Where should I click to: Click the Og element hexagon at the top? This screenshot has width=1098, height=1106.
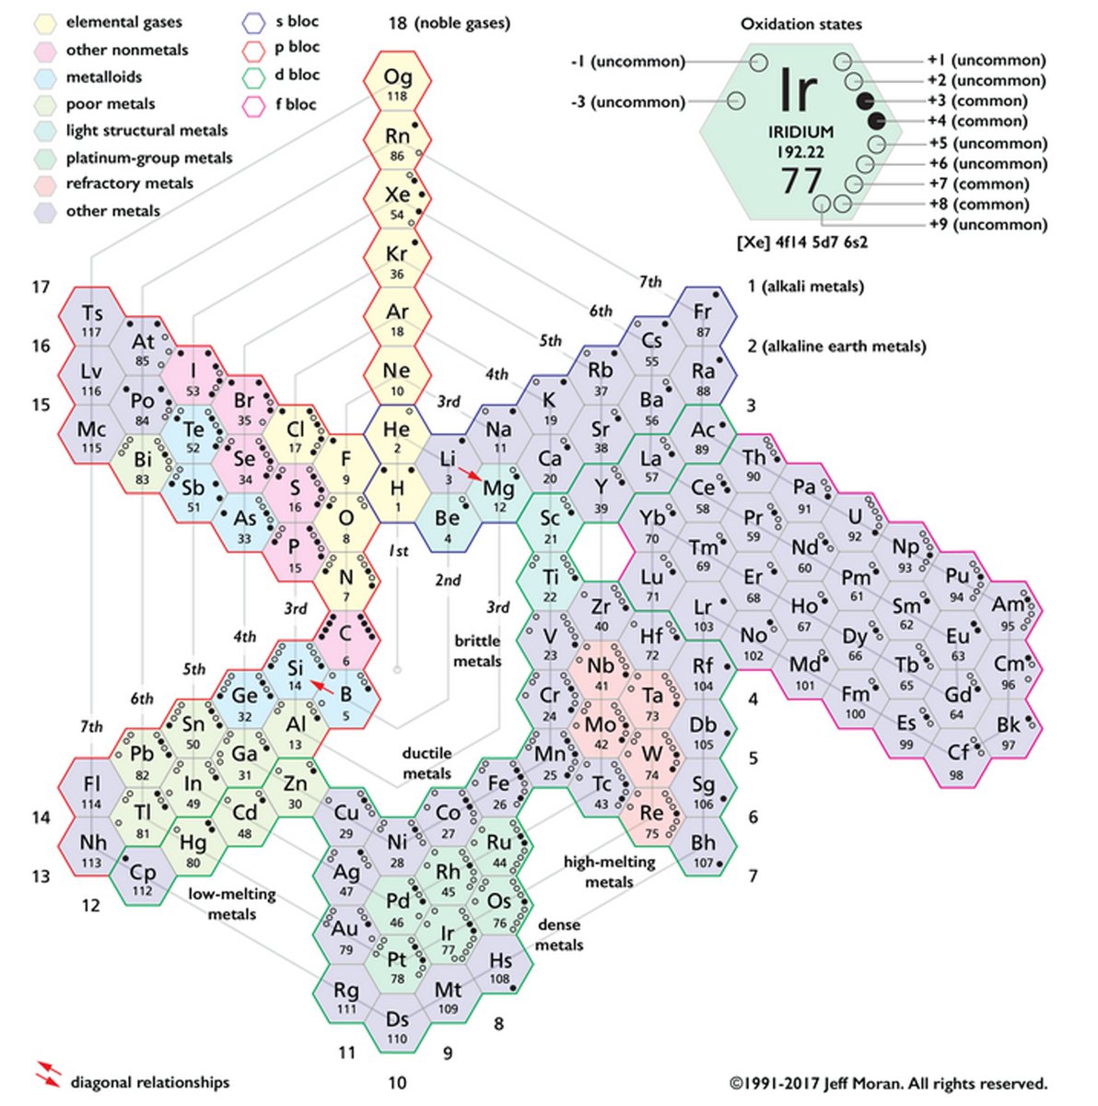tap(398, 83)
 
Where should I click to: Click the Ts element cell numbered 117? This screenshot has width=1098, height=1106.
tap(92, 318)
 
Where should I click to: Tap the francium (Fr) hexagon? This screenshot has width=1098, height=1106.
tap(703, 318)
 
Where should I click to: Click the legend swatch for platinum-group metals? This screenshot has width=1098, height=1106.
tap(47, 159)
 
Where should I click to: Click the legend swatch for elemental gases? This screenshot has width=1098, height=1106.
tap(47, 22)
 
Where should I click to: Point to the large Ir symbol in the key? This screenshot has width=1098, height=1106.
tap(798, 90)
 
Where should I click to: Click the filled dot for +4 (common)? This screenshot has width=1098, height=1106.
tap(876, 120)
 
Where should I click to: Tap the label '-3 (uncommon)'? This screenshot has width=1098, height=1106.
tap(627, 101)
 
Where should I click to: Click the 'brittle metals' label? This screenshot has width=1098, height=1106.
tap(477, 650)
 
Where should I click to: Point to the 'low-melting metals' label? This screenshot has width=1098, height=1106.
tap(231, 903)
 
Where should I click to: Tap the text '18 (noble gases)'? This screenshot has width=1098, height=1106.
tap(449, 22)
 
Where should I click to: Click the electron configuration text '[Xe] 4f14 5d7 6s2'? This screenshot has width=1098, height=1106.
tap(802, 243)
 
